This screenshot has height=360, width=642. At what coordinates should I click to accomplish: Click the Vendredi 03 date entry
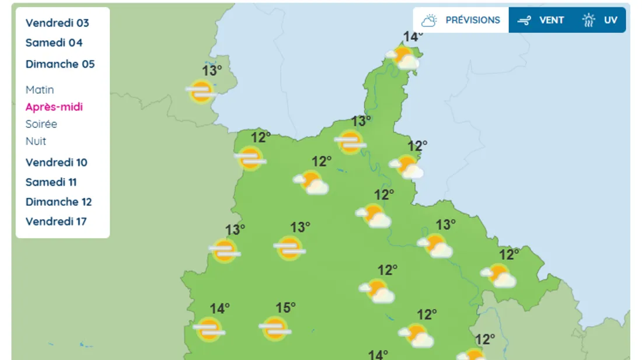[57, 23]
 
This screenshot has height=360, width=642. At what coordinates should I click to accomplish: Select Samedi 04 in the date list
[54, 43]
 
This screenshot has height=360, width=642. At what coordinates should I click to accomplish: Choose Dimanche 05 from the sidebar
[60, 64]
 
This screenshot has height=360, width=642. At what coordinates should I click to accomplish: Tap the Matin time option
[40, 90]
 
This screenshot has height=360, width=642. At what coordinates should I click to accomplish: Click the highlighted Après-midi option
[54, 107]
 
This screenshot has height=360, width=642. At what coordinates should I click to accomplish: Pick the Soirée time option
[41, 124]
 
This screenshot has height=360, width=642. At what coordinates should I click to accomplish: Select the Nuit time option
[36, 141]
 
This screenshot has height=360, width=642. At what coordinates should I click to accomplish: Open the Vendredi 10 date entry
[56, 162]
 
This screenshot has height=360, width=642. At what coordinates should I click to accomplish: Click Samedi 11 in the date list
[51, 182]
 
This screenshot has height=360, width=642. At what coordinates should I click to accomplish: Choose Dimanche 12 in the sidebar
[58, 202]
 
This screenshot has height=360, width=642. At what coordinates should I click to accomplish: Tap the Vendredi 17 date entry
[56, 222]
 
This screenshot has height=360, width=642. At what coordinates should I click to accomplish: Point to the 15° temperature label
[285, 307]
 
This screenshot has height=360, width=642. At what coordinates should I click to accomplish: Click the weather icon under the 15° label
[274, 329]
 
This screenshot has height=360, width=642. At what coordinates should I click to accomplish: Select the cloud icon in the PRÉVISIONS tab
[430, 20]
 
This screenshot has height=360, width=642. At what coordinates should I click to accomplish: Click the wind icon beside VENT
[524, 20]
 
